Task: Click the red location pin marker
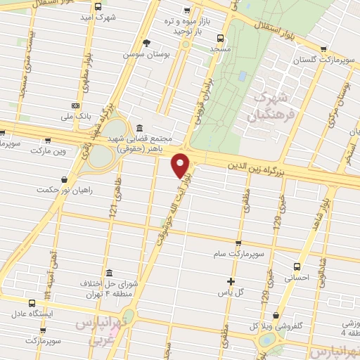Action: (181, 165)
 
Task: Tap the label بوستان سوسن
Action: (139, 54)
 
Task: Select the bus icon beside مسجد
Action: (221, 39)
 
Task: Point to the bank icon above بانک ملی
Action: (75, 105)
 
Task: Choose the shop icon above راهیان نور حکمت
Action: (65, 179)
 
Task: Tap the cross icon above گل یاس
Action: (230, 281)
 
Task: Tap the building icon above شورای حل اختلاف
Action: (108, 273)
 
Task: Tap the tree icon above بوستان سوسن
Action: (146, 43)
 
